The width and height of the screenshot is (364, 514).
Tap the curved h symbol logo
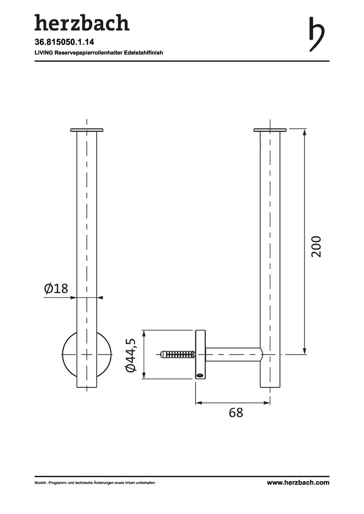[317, 34]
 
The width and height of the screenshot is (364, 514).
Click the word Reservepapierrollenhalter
[89, 52]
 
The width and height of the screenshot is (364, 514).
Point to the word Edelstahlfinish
[144, 52]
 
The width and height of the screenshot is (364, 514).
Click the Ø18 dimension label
[56, 288]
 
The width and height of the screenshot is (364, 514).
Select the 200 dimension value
[316, 247]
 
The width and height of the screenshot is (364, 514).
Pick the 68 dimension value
[236, 413]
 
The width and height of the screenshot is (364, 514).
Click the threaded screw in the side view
[178, 355]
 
